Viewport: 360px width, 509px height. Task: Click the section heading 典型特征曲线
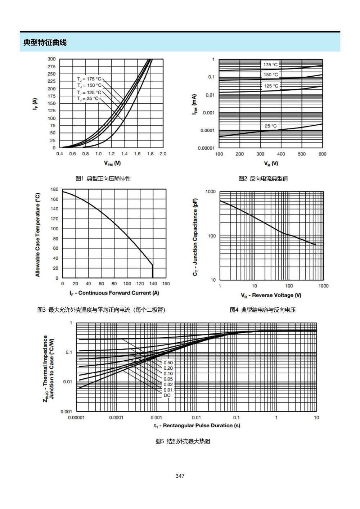[45, 42]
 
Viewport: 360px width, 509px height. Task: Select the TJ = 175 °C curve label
[89, 79]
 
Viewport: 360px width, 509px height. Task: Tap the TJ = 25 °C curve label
[88, 99]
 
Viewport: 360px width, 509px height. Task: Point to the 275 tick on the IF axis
[51, 67]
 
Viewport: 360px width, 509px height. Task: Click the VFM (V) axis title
[112, 163]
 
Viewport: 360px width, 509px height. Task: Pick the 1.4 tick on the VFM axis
[124, 154]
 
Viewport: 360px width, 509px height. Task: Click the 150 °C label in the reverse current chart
[271, 75]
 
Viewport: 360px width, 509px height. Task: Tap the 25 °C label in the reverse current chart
[271, 126]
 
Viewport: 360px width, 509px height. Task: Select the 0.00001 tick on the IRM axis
[206, 148]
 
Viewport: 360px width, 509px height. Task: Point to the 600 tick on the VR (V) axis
[322, 154]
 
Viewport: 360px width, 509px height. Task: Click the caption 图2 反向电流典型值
[263, 179]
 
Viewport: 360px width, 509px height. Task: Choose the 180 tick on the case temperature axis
[55, 189]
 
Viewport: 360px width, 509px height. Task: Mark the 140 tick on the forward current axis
[153, 284]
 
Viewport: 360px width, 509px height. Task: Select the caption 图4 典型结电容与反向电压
[263, 310]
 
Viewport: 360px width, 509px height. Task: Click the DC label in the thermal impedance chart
[167, 395]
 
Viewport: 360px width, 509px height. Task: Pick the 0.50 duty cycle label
[168, 362]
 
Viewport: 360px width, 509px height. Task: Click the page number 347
[180, 476]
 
